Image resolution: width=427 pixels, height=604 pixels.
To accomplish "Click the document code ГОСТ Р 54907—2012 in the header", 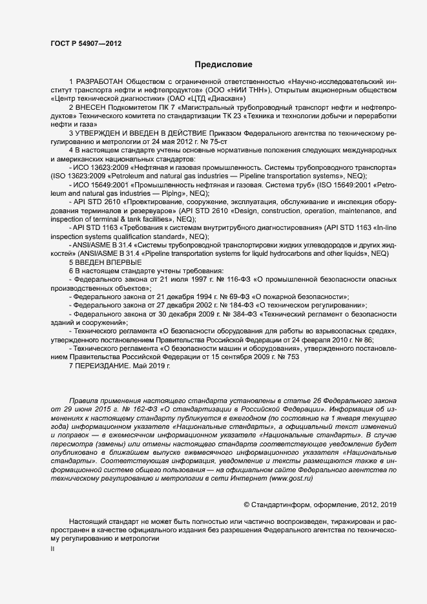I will pos(85,43).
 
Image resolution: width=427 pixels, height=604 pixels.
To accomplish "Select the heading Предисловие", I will pos(224,65).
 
